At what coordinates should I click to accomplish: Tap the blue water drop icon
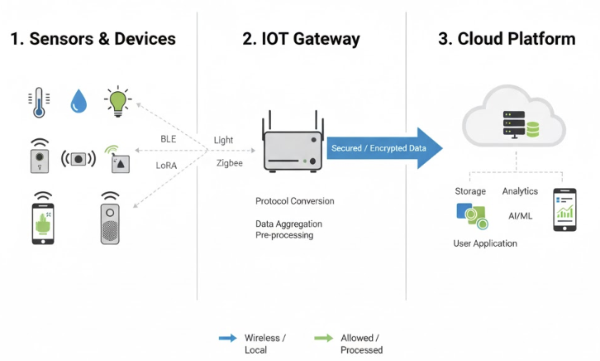coord(79,102)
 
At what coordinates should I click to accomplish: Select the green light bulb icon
coord(118,101)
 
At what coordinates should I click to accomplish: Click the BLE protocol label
coord(168,139)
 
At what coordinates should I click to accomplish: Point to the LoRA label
coord(168,165)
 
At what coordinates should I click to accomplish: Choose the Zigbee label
coord(229,165)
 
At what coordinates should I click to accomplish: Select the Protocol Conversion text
coord(294,201)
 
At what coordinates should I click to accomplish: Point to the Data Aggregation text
coord(288,224)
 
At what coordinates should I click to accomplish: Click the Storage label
coord(470,191)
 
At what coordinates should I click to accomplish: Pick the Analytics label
coord(520,191)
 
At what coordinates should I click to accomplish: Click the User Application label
coord(485,243)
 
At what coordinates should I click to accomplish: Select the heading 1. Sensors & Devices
coord(93,39)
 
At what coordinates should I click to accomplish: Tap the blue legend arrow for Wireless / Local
coord(226,338)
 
